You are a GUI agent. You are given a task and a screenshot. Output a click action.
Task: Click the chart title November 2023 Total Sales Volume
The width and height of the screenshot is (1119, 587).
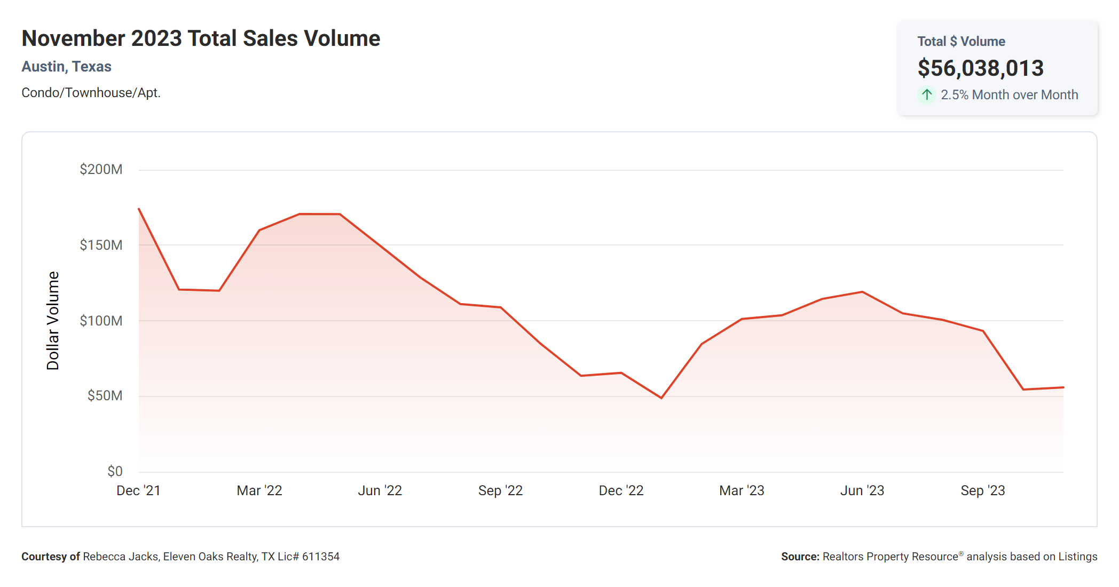click(x=201, y=38)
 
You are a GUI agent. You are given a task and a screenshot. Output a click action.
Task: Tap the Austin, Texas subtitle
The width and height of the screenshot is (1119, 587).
click(x=66, y=67)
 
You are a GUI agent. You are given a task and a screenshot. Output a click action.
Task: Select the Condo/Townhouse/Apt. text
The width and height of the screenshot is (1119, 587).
click(x=91, y=93)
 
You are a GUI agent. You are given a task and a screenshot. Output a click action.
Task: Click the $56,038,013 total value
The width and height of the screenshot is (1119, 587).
click(x=980, y=68)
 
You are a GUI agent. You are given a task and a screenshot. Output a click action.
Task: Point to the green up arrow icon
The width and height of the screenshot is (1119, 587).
click(x=927, y=94)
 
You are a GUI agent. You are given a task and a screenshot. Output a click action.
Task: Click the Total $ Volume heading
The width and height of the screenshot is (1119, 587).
click(x=961, y=42)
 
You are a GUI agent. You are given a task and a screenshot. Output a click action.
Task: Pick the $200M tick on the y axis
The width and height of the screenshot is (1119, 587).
click(x=101, y=170)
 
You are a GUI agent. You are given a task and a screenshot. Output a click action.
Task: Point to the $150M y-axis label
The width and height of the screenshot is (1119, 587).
click(x=101, y=245)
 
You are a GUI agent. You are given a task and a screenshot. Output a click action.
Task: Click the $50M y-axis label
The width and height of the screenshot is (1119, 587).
click(x=105, y=396)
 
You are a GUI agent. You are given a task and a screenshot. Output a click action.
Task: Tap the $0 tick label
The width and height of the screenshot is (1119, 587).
click(x=115, y=472)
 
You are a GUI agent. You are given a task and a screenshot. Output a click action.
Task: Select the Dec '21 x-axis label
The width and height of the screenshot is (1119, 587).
click(x=138, y=491)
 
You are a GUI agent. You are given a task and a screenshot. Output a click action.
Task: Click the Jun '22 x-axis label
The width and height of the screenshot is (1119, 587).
click(x=380, y=491)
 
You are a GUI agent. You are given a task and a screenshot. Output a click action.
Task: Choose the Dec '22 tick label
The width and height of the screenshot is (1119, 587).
click(x=621, y=491)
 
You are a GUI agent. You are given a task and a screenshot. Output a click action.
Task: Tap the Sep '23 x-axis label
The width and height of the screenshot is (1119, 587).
click(x=982, y=491)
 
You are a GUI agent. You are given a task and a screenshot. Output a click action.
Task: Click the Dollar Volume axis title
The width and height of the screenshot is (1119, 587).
click(x=53, y=320)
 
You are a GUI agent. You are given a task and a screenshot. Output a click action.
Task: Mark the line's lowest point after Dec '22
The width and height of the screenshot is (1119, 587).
click(x=661, y=398)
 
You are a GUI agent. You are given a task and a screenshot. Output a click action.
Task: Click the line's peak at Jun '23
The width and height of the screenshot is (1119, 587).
click(x=862, y=292)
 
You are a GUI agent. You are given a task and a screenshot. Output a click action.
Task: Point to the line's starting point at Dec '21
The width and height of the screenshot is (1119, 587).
click(x=139, y=209)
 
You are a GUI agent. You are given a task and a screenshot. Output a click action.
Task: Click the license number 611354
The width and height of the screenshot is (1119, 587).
click(x=321, y=557)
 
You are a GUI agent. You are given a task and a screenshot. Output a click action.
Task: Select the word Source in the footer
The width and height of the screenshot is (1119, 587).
click(x=799, y=557)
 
